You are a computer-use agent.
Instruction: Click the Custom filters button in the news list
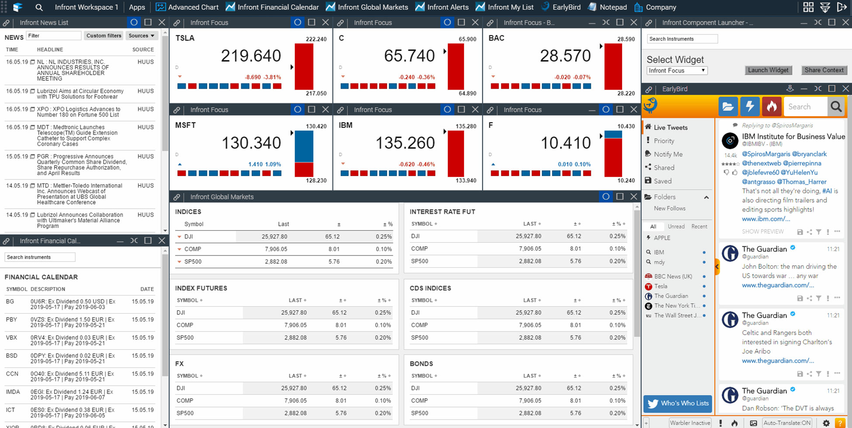[x=104, y=36]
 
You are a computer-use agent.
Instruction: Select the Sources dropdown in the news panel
[x=141, y=36]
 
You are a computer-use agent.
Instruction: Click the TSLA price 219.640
[x=250, y=56]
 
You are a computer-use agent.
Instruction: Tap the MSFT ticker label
[x=185, y=125]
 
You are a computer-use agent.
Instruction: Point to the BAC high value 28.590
[x=626, y=39]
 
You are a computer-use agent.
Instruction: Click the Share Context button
[x=824, y=70]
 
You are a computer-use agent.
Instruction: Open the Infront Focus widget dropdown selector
[x=676, y=70]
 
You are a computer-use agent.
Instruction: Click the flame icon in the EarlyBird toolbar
[x=772, y=107]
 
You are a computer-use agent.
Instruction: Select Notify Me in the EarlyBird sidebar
[x=668, y=154]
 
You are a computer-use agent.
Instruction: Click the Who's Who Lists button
[x=678, y=403]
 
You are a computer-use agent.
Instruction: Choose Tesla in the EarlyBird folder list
[x=661, y=286]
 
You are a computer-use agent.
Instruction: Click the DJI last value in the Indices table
[x=274, y=236]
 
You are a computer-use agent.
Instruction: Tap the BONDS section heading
[x=421, y=363]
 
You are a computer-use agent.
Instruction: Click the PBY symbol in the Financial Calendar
[x=11, y=319]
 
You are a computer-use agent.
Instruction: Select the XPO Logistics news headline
[x=78, y=112]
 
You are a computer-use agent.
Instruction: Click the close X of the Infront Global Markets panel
[x=634, y=197]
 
